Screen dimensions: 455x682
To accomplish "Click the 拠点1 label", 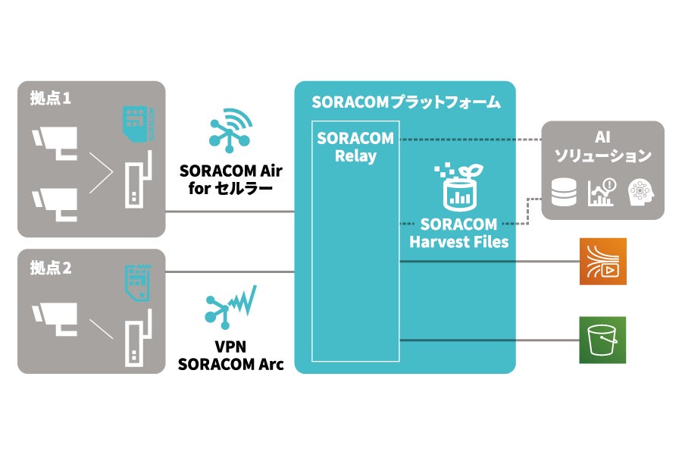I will tap(51, 99).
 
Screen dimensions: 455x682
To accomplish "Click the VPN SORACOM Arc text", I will tap(230, 355).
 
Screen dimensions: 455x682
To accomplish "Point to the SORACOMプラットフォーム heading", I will tap(405, 102).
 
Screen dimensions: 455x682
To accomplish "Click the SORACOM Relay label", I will tap(355, 147).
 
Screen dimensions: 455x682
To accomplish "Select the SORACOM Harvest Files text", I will tap(458, 234).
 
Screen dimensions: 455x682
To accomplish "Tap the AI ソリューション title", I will tap(603, 148).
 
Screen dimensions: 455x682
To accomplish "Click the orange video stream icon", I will tap(602, 261).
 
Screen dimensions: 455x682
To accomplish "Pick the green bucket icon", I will tap(602, 340).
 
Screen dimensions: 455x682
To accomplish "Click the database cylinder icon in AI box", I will tap(564, 193).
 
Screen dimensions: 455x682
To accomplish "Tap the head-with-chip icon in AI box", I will tap(640, 193).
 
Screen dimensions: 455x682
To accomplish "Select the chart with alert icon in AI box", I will tap(602, 193).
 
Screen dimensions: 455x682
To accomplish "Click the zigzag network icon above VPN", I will tap(230, 307).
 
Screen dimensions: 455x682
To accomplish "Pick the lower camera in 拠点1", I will tap(55, 203).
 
